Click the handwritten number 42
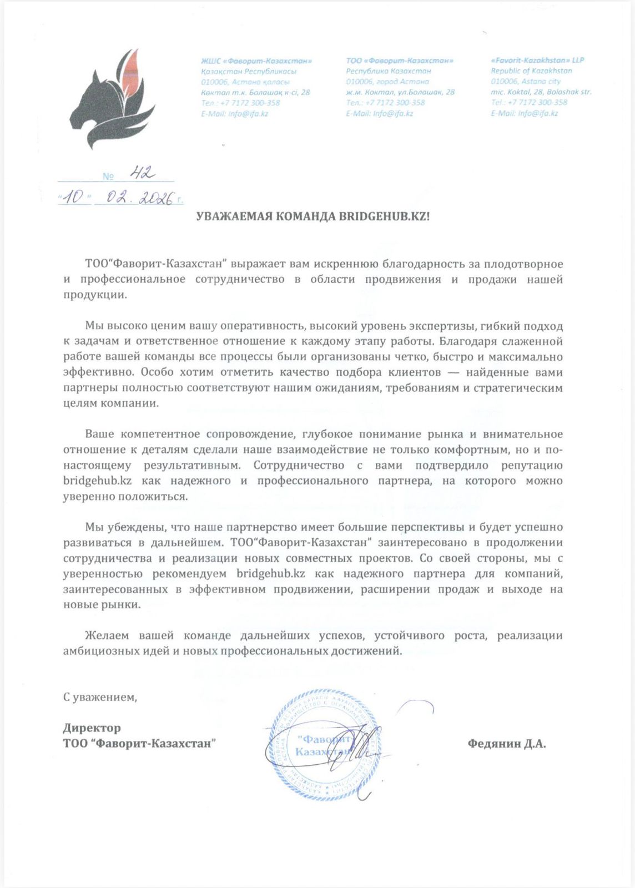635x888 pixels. pyautogui.click(x=142, y=173)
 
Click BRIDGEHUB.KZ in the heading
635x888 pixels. pyautogui.click(x=384, y=216)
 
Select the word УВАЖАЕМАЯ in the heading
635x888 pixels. pyautogui.click(x=232, y=216)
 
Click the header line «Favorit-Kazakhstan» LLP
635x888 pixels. pyautogui.click(x=537, y=60)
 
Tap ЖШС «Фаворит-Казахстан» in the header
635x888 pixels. pyautogui.click(x=256, y=60)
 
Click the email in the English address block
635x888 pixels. pyautogui.click(x=524, y=113)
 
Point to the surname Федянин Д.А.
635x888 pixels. pyautogui.click(x=506, y=744)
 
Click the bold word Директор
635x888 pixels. pyautogui.click(x=92, y=728)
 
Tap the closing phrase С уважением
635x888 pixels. pyautogui.click(x=100, y=697)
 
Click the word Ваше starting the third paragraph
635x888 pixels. pyautogui.click(x=99, y=434)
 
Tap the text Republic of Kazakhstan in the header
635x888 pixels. pyautogui.click(x=531, y=70)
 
